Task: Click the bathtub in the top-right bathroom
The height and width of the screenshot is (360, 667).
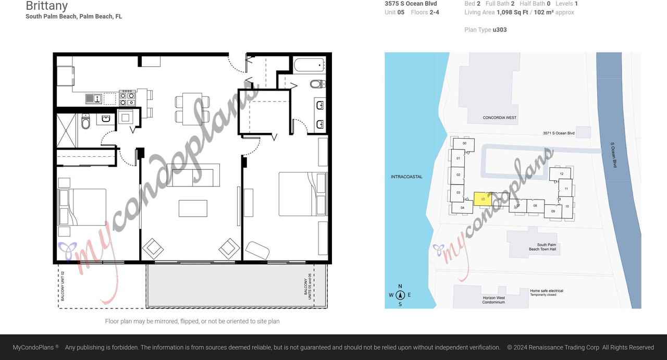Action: click(x=310, y=65)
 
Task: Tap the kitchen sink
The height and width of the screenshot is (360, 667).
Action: click(x=94, y=98)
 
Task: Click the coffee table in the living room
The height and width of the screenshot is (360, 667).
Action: click(x=193, y=208)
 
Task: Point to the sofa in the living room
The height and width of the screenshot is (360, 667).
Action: click(x=193, y=175)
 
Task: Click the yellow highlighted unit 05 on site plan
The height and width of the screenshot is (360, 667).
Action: click(x=483, y=199)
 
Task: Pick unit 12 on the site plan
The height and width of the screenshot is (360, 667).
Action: click(x=561, y=173)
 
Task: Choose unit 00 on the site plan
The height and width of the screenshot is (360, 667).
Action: click(x=464, y=144)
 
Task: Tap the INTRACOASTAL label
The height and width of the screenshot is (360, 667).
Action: click(x=406, y=177)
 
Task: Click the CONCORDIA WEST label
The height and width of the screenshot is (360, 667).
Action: click(x=499, y=118)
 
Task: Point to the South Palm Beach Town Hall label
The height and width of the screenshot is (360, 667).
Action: click(x=542, y=247)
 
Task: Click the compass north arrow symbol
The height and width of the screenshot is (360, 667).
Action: click(x=400, y=295)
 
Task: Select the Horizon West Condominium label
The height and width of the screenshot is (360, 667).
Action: click(x=493, y=300)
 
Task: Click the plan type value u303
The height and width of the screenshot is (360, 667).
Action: click(x=499, y=30)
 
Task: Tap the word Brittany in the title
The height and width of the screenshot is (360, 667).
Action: click(x=46, y=6)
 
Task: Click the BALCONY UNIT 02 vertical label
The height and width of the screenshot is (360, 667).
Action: click(x=63, y=286)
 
